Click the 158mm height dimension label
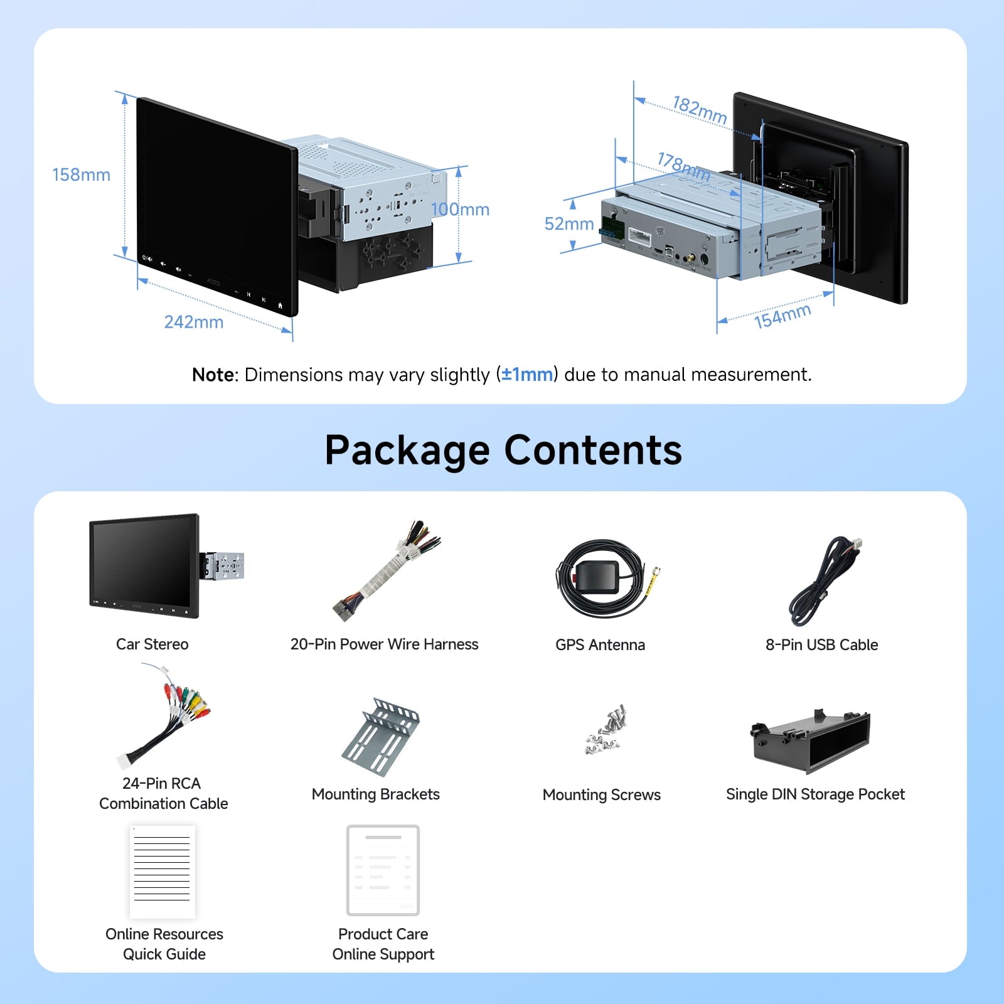81,174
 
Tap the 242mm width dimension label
193,322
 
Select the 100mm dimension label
460,210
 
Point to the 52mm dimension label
569,224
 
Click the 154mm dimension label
782,316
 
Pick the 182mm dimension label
700,109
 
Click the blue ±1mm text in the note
527,375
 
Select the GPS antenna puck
595,576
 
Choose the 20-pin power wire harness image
386,571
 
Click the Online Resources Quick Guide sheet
162,871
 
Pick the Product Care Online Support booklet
383,870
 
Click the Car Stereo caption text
152,644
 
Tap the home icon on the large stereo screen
280,306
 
